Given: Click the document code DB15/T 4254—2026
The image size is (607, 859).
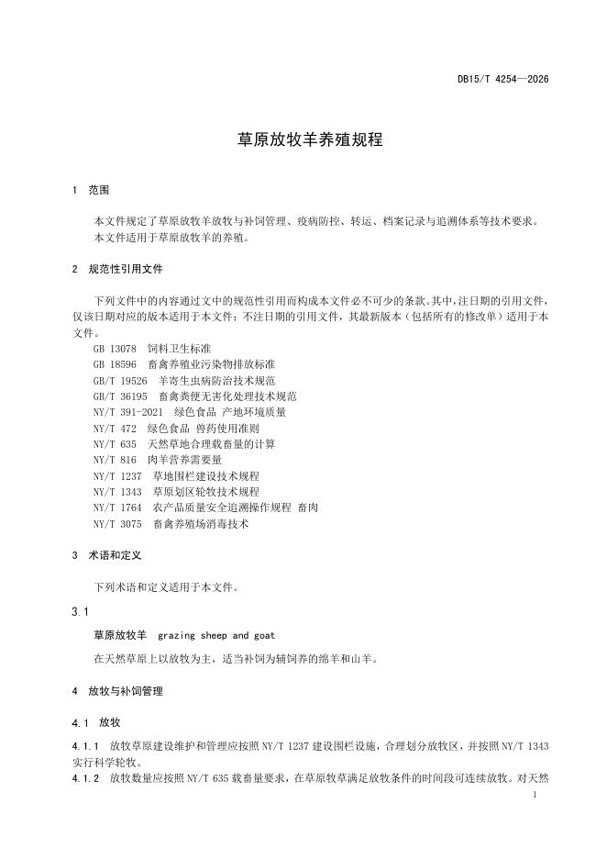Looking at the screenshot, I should click(503, 79).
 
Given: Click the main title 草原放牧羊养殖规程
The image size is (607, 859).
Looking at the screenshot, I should click(303, 140).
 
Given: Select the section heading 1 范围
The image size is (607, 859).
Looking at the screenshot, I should click(91, 190).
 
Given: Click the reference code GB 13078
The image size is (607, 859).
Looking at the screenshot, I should click(115, 349).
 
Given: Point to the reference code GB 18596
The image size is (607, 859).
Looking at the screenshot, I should click(115, 364).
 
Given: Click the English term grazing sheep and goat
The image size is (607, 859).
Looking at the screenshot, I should click(215, 634).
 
